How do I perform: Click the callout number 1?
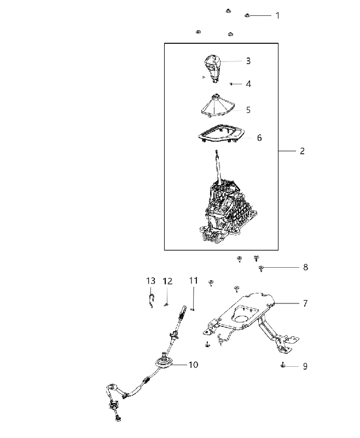pyautogui.click(x=277, y=16)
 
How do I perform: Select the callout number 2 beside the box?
pyautogui.click(x=302, y=151)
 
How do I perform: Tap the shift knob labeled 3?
pyautogui.click(x=212, y=69)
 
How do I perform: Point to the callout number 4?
pyautogui.click(x=248, y=84)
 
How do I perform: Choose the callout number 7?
pyautogui.click(x=305, y=303)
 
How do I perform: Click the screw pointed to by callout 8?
pyautogui.click(x=261, y=268)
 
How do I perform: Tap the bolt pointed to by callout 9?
pyautogui.click(x=283, y=365)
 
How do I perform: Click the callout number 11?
pyautogui.click(x=193, y=280)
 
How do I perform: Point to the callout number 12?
pyautogui.click(x=167, y=281)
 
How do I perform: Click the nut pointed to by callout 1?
pyautogui.click(x=247, y=15)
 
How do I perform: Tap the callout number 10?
pyautogui.click(x=193, y=365)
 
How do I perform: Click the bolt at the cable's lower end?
pyautogui.click(x=118, y=418)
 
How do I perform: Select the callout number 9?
pyautogui.click(x=305, y=366)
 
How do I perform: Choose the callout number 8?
pyautogui.click(x=305, y=267)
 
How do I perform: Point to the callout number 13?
pyautogui.click(x=150, y=281)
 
